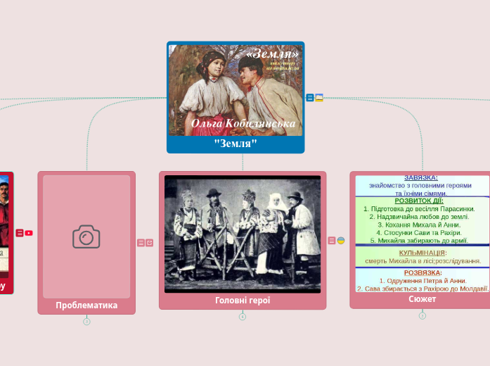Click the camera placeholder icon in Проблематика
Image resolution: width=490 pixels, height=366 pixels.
[86, 236]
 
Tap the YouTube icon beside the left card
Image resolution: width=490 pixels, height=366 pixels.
[29, 233]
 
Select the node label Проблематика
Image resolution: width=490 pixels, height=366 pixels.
[86, 305]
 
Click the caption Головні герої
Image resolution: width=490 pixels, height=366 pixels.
[243, 301]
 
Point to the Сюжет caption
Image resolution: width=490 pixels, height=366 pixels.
[422, 299]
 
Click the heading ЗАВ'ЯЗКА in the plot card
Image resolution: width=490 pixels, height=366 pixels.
[421, 178]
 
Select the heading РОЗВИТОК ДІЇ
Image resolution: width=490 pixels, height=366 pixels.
[419, 201]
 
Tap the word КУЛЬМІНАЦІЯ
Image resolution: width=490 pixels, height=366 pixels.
[423, 253]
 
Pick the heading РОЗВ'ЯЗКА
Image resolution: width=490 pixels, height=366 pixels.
[423, 272]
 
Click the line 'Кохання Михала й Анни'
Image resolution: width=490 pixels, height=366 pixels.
[423, 225]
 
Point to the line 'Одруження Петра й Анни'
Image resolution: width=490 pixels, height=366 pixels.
[423, 281]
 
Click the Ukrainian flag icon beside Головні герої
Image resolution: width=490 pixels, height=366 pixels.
[341, 241]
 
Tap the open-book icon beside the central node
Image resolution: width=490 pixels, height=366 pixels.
[319, 98]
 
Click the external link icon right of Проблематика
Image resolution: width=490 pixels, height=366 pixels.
[150, 243]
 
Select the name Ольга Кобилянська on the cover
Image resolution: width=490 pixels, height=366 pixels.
[243, 124]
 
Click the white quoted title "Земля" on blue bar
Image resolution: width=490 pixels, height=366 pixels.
[236, 144]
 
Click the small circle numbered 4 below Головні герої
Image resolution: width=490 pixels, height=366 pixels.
[243, 317]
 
